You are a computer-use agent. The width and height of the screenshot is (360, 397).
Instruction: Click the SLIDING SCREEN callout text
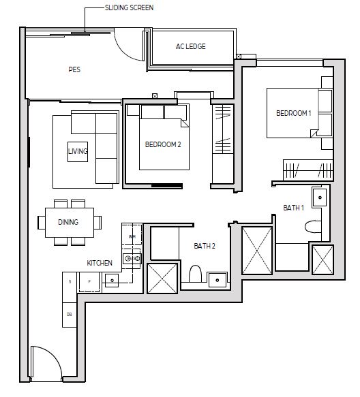click(129, 7)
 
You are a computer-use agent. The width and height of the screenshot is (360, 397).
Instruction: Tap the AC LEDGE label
click(191, 46)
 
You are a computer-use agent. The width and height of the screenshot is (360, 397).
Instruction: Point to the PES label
click(74, 69)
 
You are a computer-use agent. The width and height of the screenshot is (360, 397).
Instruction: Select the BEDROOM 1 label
click(294, 113)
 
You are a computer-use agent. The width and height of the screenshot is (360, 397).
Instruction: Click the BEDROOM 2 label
click(163, 144)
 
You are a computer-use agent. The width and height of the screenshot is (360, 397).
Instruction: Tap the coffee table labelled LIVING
click(78, 152)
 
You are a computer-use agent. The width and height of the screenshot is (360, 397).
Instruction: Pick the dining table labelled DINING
click(70, 223)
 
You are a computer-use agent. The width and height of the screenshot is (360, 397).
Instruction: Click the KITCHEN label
click(100, 263)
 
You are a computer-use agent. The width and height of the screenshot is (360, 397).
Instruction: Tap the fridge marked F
click(89, 282)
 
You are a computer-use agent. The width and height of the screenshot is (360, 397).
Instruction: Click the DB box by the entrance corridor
click(70, 315)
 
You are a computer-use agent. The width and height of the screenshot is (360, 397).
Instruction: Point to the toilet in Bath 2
click(195, 274)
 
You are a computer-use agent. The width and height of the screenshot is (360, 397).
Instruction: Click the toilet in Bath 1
click(313, 226)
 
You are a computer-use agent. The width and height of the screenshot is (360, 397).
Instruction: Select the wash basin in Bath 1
click(320, 197)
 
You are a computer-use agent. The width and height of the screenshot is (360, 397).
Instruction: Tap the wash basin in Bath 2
click(217, 280)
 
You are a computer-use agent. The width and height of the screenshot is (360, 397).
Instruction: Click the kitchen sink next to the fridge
click(112, 281)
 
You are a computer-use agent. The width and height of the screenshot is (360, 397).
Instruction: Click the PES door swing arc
click(125, 49)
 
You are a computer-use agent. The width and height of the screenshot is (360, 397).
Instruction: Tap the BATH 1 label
click(294, 208)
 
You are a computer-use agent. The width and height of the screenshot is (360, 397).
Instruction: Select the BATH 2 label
click(205, 246)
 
